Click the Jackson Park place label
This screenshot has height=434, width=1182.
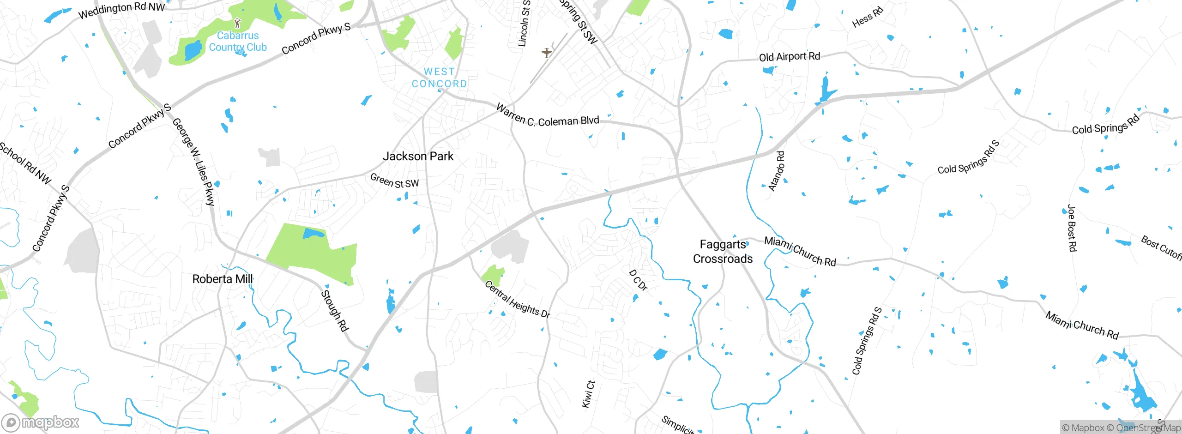[x=418, y=157]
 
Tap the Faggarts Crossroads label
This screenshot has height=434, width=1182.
[x=723, y=252]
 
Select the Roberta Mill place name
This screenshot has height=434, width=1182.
[x=222, y=279]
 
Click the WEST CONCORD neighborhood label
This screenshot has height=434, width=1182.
[x=439, y=78]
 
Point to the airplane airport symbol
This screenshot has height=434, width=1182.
[x=547, y=53]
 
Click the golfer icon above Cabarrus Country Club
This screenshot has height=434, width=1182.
[x=237, y=23]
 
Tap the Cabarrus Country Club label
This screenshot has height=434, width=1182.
[x=237, y=41]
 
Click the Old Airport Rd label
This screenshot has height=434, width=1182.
[x=790, y=57]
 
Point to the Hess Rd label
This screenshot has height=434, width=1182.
[x=867, y=17]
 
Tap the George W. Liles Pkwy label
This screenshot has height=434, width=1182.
[x=194, y=162]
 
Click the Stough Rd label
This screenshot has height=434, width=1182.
[x=335, y=311]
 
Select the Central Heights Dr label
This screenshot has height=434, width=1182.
[x=517, y=300]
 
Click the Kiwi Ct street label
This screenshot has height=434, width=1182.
[x=588, y=394]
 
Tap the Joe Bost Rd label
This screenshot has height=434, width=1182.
[x=1072, y=228]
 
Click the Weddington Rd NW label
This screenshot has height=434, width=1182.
[x=121, y=10]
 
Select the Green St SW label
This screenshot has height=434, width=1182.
[x=394, y=181]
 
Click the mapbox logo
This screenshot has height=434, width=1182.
[x=40, y=422]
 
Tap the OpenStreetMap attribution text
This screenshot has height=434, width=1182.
[x=1148, y=428]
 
